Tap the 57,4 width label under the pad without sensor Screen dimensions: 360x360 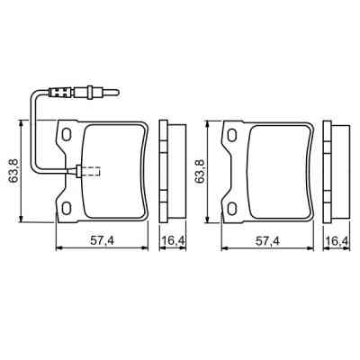point(267,241)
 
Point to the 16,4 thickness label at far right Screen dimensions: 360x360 point(337,241)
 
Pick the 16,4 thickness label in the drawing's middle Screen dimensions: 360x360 point(171,241)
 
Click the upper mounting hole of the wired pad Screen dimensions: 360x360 point(63,135)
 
